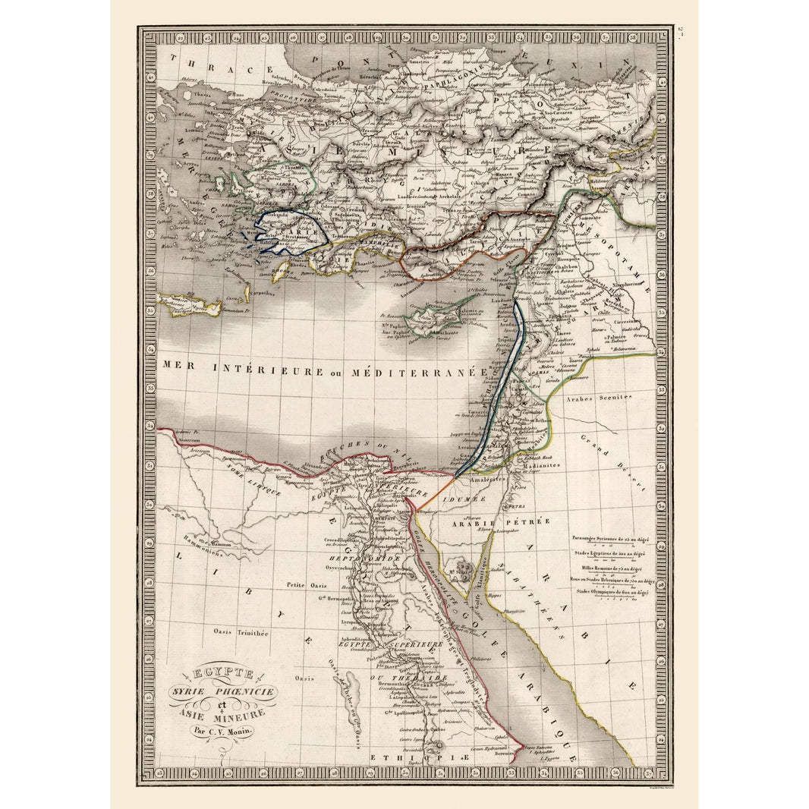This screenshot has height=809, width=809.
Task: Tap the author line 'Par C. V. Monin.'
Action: [223, 732]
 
